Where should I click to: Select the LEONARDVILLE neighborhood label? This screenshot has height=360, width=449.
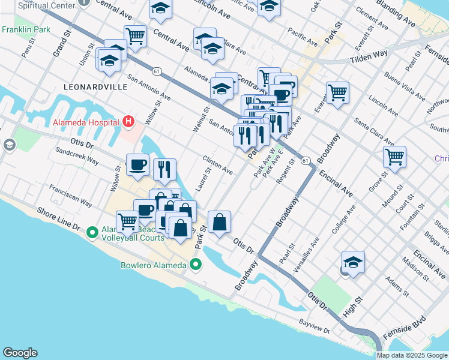pyautogui.click(x=95, y=86)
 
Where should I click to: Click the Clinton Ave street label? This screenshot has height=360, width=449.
pyautogui.click(x=217, y=166)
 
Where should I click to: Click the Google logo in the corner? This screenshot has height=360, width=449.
pyautogui.click(x=20, y=353)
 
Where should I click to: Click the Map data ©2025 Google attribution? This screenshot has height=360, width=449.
pyautogui.click(x=412, y=355)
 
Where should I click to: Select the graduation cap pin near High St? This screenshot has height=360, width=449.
pyautogui.click(x=353, y=262)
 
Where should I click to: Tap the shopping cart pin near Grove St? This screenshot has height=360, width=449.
pyautogui.click(x=395, y=157)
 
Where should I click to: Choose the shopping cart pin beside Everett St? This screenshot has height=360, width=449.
pyautogui.click(x=338, y=92)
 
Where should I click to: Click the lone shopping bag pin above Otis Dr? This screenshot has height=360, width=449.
pyautogui.click(x=220, y=221)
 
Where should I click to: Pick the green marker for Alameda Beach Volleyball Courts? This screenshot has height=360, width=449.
pyautogui.click(x=92, y=232)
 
